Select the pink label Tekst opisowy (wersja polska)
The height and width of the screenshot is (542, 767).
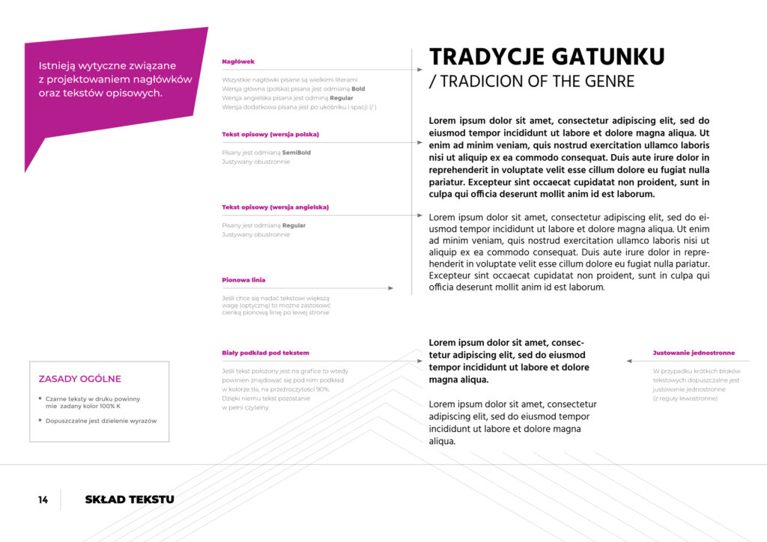pyautogui.click(x=270, y=135)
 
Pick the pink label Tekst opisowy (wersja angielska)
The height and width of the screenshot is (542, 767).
pyautogui.click(x=275, y=207)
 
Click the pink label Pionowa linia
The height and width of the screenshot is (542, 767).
pyautogui.click(x=243, y=280)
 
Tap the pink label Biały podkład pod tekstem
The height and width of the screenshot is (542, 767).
pyautogui.click(x=265, y=353)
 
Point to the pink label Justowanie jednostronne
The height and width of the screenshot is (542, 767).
pyautogui.click(x=694, y=353)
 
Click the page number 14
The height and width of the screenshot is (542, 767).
pyautogui.click(x=43, y=499)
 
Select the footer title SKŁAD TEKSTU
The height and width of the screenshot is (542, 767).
pyautogui.click(x=130, y=499)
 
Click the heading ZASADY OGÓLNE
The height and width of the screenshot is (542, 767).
pyautogui.click(x=79, y=379)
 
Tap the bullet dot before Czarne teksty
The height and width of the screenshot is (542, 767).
pyautogui.click(x=40, y=398)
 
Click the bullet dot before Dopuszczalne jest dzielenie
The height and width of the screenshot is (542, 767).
pyautogui.click(x=40, y=420)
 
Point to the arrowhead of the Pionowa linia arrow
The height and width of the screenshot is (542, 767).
pyautogui.click(x=390, y=287)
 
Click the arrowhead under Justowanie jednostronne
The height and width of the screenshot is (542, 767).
pyautogui.click(x=629, y=361)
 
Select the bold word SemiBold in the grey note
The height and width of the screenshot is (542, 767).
pyautogui.click(x=297, y=153)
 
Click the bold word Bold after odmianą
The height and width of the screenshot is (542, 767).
pyautogui.click(x=358, y=88)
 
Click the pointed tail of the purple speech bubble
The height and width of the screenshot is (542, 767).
pyautogui.click(x=27, y=168)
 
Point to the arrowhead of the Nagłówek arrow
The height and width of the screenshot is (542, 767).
pyautogui.click(x=419, y=70)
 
